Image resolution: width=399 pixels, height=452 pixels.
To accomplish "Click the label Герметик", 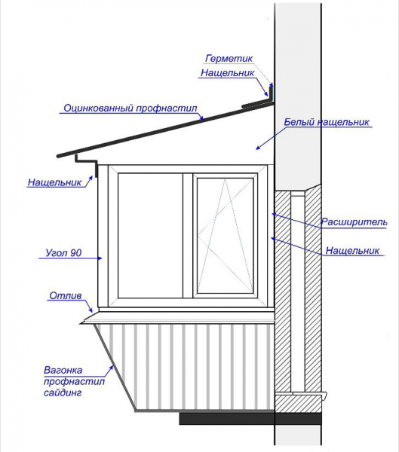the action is coord(229,59).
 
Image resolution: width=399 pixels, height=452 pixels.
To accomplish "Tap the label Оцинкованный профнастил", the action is coord(130,108).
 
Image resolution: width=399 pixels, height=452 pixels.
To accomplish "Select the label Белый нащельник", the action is coord(327,122).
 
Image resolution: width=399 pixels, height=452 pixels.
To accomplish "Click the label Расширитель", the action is coord(354,222).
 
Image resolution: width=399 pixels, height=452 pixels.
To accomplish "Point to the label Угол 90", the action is coord(63,253).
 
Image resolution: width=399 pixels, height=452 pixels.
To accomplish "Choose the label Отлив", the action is coord(66,296).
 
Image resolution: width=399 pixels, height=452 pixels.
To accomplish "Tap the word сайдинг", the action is coord(63,392).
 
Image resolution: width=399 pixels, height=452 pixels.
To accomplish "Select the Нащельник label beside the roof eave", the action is coord(54,182).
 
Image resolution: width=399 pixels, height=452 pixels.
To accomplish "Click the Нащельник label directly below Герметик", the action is coord(228,73).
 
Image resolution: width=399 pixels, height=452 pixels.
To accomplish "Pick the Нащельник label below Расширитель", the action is coord(352,251).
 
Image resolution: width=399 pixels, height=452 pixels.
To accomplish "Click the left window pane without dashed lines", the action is coord(150,235).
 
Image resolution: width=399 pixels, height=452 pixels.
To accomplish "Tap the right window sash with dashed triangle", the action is coord(225,235).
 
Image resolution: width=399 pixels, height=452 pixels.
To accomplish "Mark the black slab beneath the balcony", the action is coord(250,419).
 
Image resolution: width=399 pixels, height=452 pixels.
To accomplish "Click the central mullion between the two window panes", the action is coord(188,235).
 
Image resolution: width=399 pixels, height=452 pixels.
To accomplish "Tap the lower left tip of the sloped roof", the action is coord(58,156).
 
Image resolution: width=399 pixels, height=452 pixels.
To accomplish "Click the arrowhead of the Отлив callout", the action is coord(91,310).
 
